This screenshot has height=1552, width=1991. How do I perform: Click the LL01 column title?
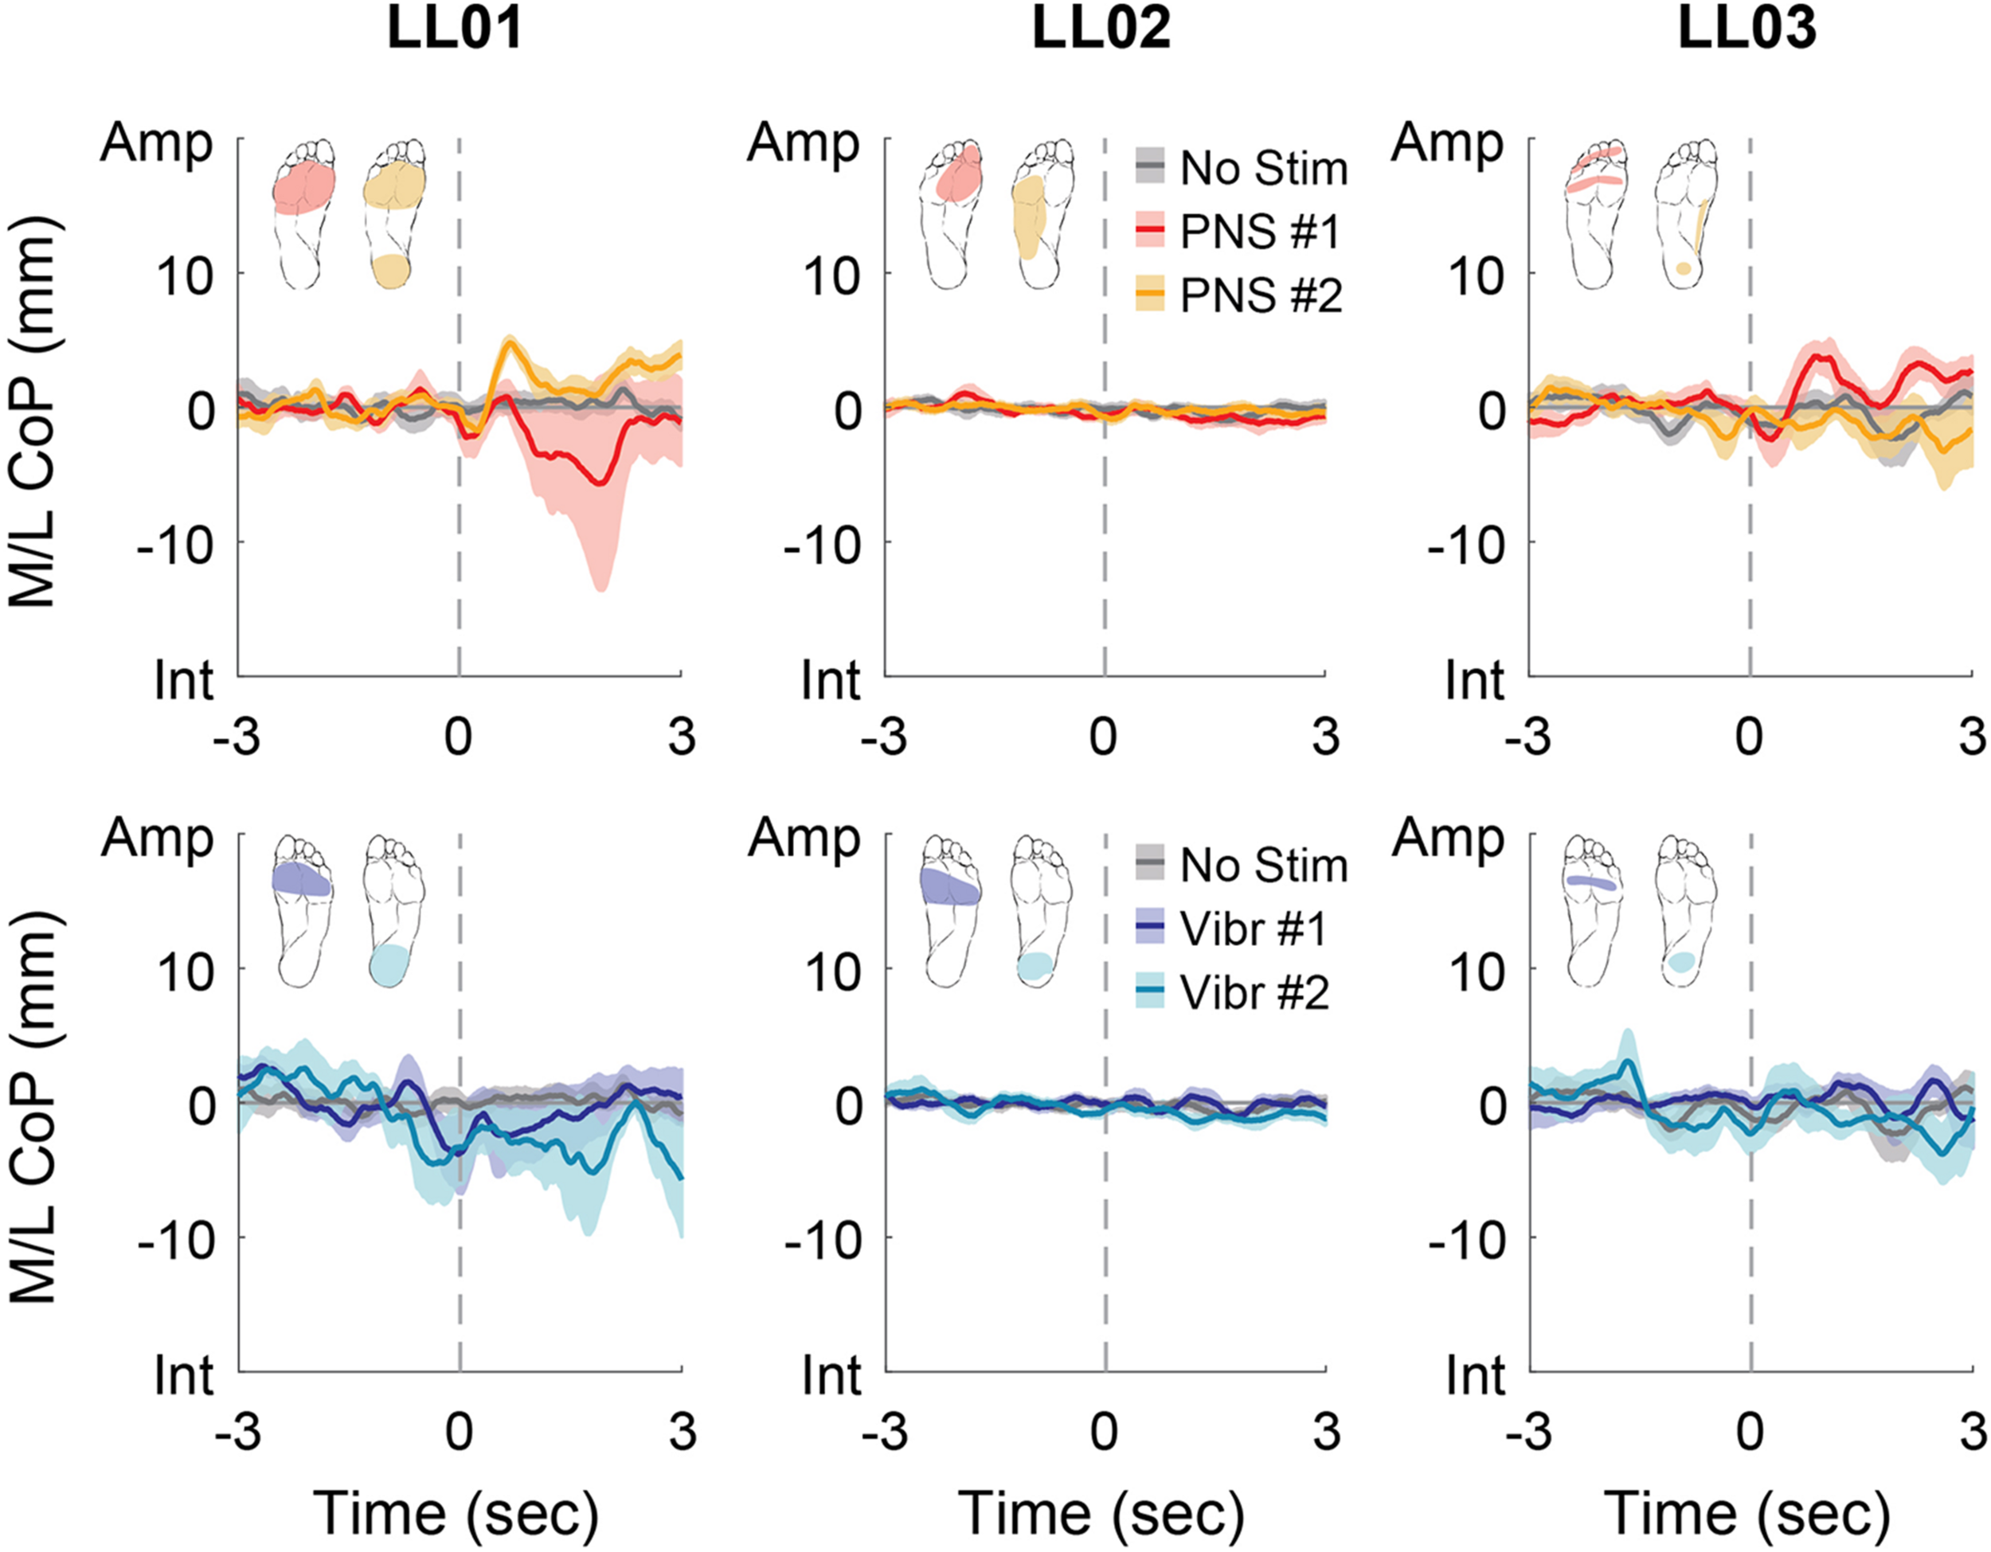coord(455,29)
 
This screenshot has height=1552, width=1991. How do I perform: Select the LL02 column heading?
coord(1101,29)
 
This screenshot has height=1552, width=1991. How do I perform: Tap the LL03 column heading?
coord(1747,29)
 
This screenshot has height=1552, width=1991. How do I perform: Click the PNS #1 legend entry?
coord(1259,232)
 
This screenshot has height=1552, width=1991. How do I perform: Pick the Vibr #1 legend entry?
coord(1252,928)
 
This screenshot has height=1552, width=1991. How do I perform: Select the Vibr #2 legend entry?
coord(1253,992)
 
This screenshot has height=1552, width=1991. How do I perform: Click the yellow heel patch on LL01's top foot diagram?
coord(390,271)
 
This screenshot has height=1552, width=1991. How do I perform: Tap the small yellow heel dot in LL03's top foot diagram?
coord(1683,268)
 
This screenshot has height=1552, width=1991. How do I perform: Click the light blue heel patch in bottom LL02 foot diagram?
coord(1035,966)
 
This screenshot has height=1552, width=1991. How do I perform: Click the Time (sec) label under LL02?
coord(1101,1514)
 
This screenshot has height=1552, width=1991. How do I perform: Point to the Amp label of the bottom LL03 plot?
coord(1449,838)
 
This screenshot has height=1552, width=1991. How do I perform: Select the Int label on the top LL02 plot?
coord(830,680)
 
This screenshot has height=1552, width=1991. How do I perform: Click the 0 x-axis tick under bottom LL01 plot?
coord(459,1432)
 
